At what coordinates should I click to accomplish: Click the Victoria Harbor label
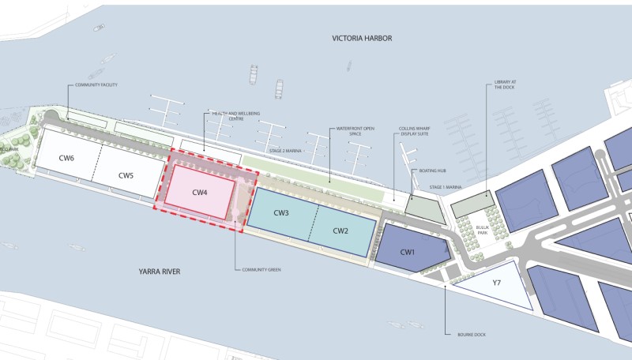pos(363,38)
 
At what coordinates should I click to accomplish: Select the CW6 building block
pos(66,159)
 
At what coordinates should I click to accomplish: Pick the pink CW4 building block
pos(199,192)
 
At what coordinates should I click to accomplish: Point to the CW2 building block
pos(340,231)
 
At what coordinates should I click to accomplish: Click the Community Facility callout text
pos(96,84)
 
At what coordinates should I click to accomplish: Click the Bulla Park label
pos(483,230)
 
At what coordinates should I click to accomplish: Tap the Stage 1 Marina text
pos(446,187)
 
